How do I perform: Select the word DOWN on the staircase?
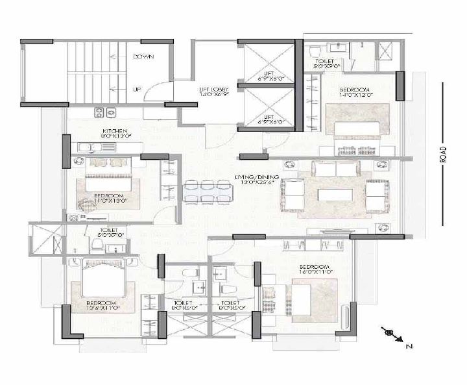[143, 57]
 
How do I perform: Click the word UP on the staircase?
[137, 89]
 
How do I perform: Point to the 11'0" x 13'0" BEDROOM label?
[108, 198]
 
